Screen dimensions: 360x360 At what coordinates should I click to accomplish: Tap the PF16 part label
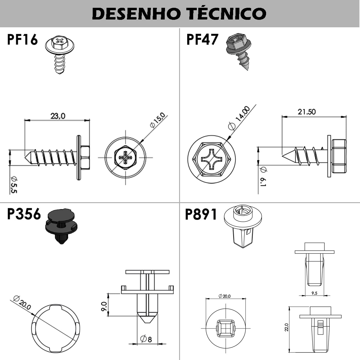(22, 40)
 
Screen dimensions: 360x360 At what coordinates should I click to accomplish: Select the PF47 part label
(202, 40)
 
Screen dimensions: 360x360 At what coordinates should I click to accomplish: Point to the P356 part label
(24, 214)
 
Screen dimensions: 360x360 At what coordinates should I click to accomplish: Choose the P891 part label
(201, 214)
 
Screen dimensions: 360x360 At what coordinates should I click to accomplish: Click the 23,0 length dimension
(58, 116)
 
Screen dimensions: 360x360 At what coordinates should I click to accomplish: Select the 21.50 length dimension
(307, 112)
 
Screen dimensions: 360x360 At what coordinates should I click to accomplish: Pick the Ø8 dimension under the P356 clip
(146, 339)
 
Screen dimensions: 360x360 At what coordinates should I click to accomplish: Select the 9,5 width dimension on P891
(314, 293)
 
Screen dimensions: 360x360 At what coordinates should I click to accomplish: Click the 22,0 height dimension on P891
(286, 327)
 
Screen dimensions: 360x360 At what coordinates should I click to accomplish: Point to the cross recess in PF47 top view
(211, 158)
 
